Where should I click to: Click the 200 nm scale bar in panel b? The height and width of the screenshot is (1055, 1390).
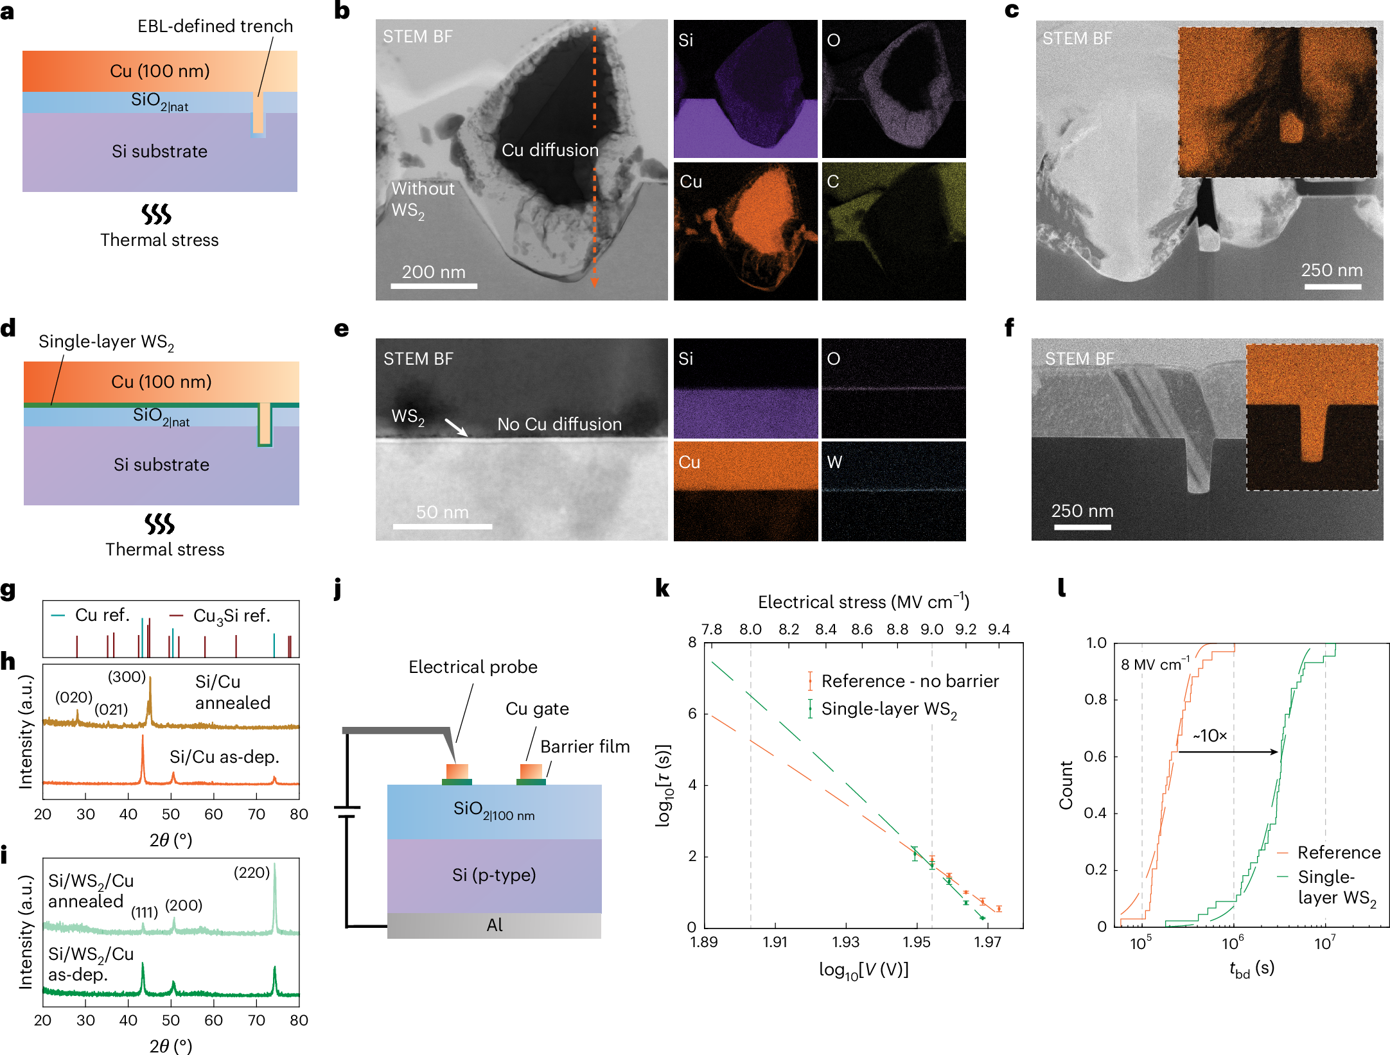click(x=434, y=285)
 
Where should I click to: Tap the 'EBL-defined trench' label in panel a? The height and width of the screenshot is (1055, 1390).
click(x=215, y=26)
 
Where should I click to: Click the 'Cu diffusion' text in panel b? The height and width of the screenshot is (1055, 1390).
click(x=550, y=150)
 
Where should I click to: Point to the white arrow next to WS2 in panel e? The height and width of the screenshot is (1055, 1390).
click(x=457, y=428)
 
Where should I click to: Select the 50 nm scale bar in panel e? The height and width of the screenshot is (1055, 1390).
click(x=442, y=526)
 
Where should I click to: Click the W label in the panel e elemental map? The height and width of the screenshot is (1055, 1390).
click(x=834, y=462)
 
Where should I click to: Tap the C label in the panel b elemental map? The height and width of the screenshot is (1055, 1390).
click(x=833, y=182)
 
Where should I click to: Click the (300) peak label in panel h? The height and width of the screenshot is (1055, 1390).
click(x=127, y=677)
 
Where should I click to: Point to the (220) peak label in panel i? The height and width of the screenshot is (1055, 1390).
click(x=251, y=873)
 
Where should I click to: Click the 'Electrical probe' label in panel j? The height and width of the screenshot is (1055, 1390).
click(x=473, y=667)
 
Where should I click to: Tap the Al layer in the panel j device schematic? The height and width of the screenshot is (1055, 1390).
click(x=494, y=925)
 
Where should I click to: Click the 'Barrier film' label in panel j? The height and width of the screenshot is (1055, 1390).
click(x=585, y=747)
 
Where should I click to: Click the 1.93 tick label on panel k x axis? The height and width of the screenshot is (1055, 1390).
click(x=845, y=942)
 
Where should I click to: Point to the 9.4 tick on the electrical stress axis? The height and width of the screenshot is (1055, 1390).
click(x=998, y=629)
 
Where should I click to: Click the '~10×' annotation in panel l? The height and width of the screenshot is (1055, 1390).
click(x=1210, y=736)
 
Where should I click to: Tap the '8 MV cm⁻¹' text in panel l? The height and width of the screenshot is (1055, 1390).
click(x=1155, y=665)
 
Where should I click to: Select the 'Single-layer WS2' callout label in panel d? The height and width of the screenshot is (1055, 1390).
click(x=106, y=342)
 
